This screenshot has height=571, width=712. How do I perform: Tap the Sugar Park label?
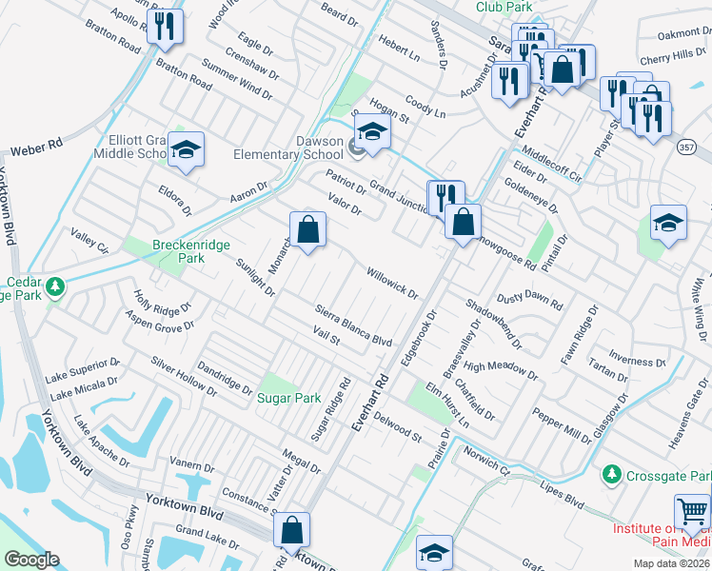click(x=289, y=398)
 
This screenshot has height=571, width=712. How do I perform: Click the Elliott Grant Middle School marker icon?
click(x=187, y=149)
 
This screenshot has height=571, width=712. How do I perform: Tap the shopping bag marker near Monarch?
click(x=307, y=229)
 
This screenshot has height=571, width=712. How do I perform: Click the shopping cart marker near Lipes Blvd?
click(x=692, y=513)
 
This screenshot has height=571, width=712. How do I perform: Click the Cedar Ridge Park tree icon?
click(x=55, y=285)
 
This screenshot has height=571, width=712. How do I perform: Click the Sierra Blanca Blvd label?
click(x=353, y=325)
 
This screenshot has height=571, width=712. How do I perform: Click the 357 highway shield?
click(x=689, y=146)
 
